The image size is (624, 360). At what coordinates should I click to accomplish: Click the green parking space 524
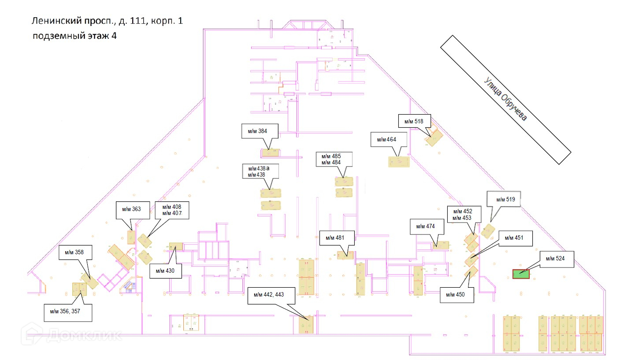click(x=520, y=274)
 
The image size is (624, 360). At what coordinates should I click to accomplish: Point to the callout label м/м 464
click(x=387, y=140)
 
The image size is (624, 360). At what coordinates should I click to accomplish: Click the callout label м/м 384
click(x=260, y=131)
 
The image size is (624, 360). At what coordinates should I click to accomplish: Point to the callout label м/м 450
click(x=457, y=294)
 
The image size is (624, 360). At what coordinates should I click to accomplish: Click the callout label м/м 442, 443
click(x=271, y=295)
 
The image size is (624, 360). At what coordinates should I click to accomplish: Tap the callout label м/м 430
click(x=165, y=271)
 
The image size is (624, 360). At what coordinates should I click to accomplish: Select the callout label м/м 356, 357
click(x=68, y=312)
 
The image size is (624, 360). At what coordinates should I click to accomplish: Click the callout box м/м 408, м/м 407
click(x=175, y=210)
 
